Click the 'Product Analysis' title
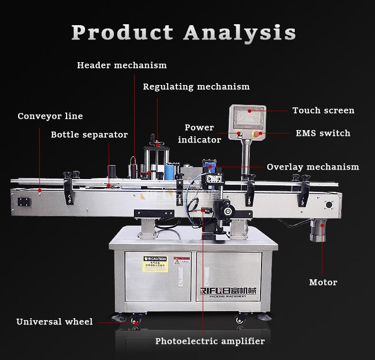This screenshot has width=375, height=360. coord(184,32)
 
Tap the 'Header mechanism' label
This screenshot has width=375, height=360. coord(122,65)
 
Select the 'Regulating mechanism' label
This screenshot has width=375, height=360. coord(196,87)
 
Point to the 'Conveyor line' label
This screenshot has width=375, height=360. coord(50,116)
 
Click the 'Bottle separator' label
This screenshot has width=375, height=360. coord(89,135)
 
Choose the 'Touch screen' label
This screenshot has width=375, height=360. coord(323,111)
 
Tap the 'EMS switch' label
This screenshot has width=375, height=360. coord(323,133)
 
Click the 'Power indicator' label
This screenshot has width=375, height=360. coord(199,133)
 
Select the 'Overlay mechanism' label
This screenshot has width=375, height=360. coord(313,167)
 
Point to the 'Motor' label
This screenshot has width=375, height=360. coord(323,283)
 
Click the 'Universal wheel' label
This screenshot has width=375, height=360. coord(55,322)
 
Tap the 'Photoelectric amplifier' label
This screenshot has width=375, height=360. coord(210,341)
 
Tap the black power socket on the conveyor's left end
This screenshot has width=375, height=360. coord(23,201)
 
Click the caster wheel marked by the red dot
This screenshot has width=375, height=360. coord(136,323)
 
